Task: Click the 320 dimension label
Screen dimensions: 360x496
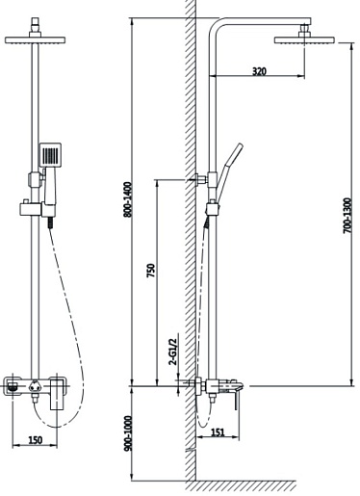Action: click(259, 71)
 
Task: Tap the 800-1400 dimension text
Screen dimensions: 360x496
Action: click(128, 199)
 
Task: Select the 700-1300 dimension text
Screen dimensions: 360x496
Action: click(347, 216)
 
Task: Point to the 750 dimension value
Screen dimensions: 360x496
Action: click(151, 271)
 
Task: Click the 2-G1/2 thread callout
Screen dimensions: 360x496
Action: click(173, 352)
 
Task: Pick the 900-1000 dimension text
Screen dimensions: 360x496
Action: click(128, 433)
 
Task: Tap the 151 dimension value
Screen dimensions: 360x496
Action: click(218, 432)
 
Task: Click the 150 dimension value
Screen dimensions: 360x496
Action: click(35, 440)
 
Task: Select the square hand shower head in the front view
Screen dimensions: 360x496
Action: click(50, 155)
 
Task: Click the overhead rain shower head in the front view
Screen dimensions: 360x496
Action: click(36, 40)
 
